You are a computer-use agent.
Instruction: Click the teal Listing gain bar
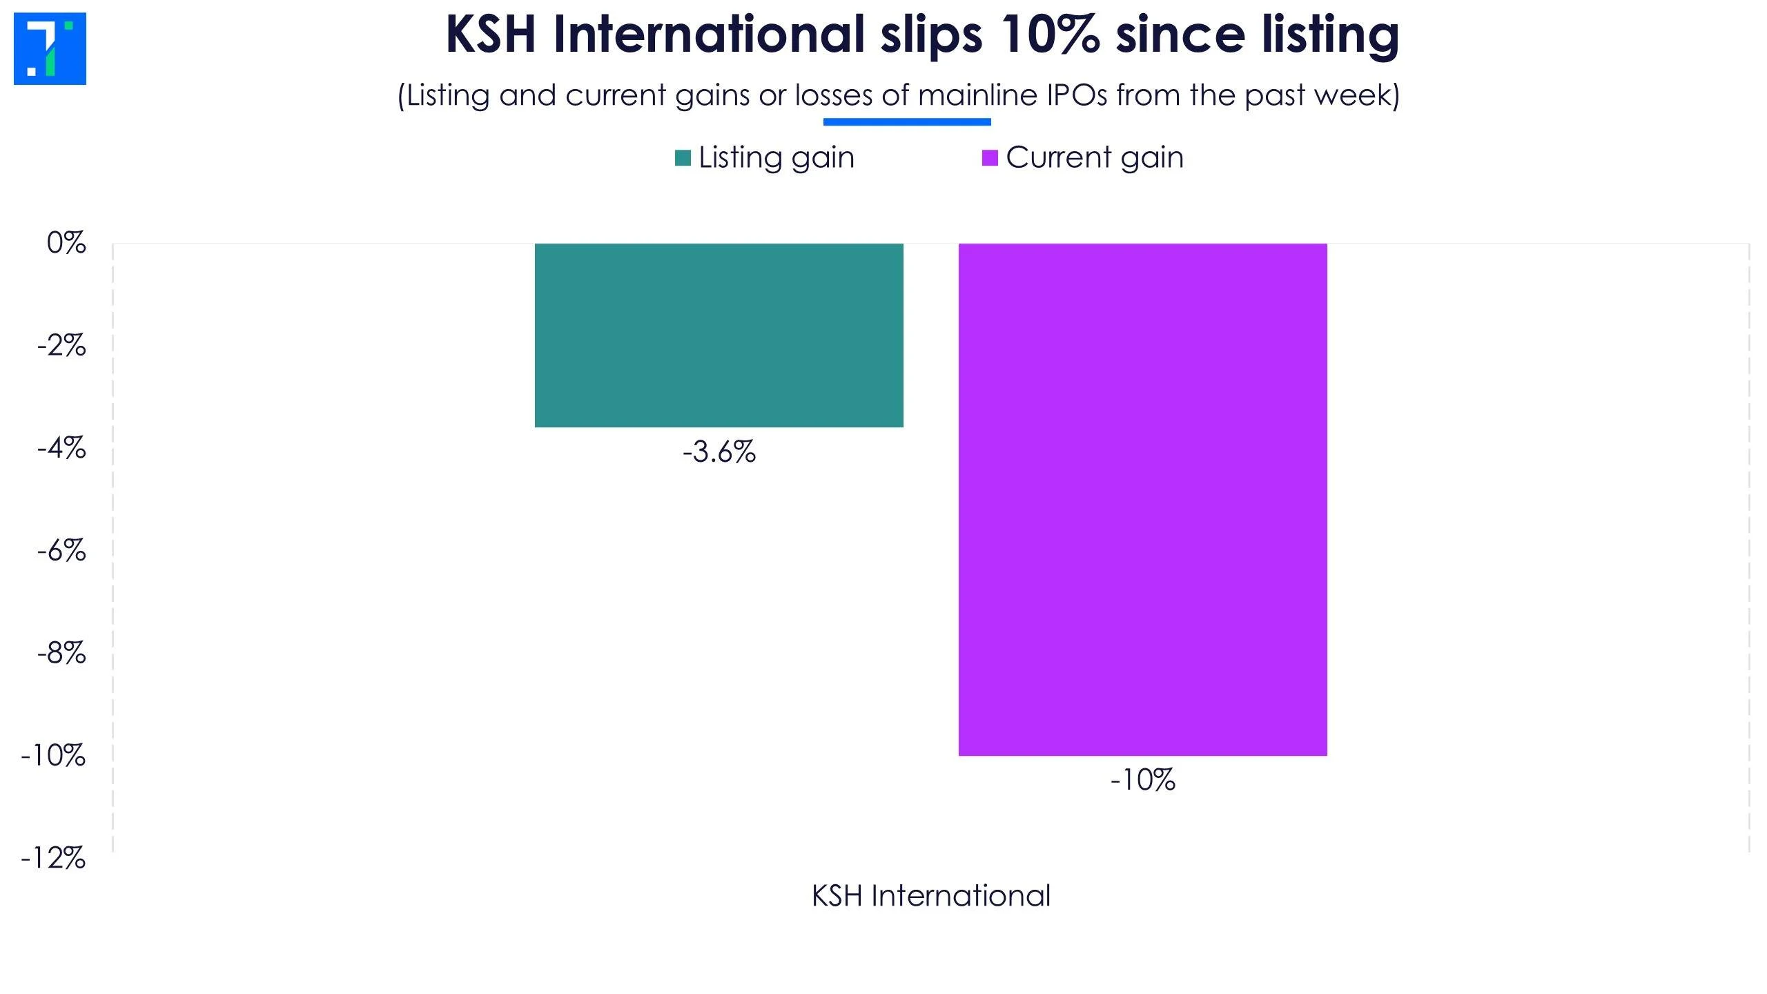[719, 335]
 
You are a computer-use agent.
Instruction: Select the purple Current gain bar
[1142, 499]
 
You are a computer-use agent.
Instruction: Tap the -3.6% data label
[719, 452]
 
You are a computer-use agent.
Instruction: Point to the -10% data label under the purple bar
[1142, 781]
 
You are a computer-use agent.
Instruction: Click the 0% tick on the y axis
[66, 243]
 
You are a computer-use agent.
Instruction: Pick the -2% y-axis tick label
[62, 345]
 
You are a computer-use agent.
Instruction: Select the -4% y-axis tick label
[62, 448]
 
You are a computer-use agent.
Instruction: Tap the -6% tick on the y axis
[62, 551]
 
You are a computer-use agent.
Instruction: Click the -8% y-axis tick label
[62, 653]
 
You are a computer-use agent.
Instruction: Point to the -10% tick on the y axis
[54, 756]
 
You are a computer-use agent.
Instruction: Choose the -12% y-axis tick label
[54, 859]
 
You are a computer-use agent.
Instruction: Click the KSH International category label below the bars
[930, 896]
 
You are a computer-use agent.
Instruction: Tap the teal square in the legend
[683, 158]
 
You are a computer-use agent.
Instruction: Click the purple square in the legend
[990, 158]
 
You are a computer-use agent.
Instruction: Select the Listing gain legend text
[777, 158]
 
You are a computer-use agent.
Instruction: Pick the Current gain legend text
[1095, 158]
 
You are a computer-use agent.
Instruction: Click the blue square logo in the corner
[50, 48]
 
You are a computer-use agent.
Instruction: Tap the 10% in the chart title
[1049, 35]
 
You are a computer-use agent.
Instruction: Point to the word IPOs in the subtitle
[1077, 95]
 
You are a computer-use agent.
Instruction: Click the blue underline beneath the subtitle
[907, 122]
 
